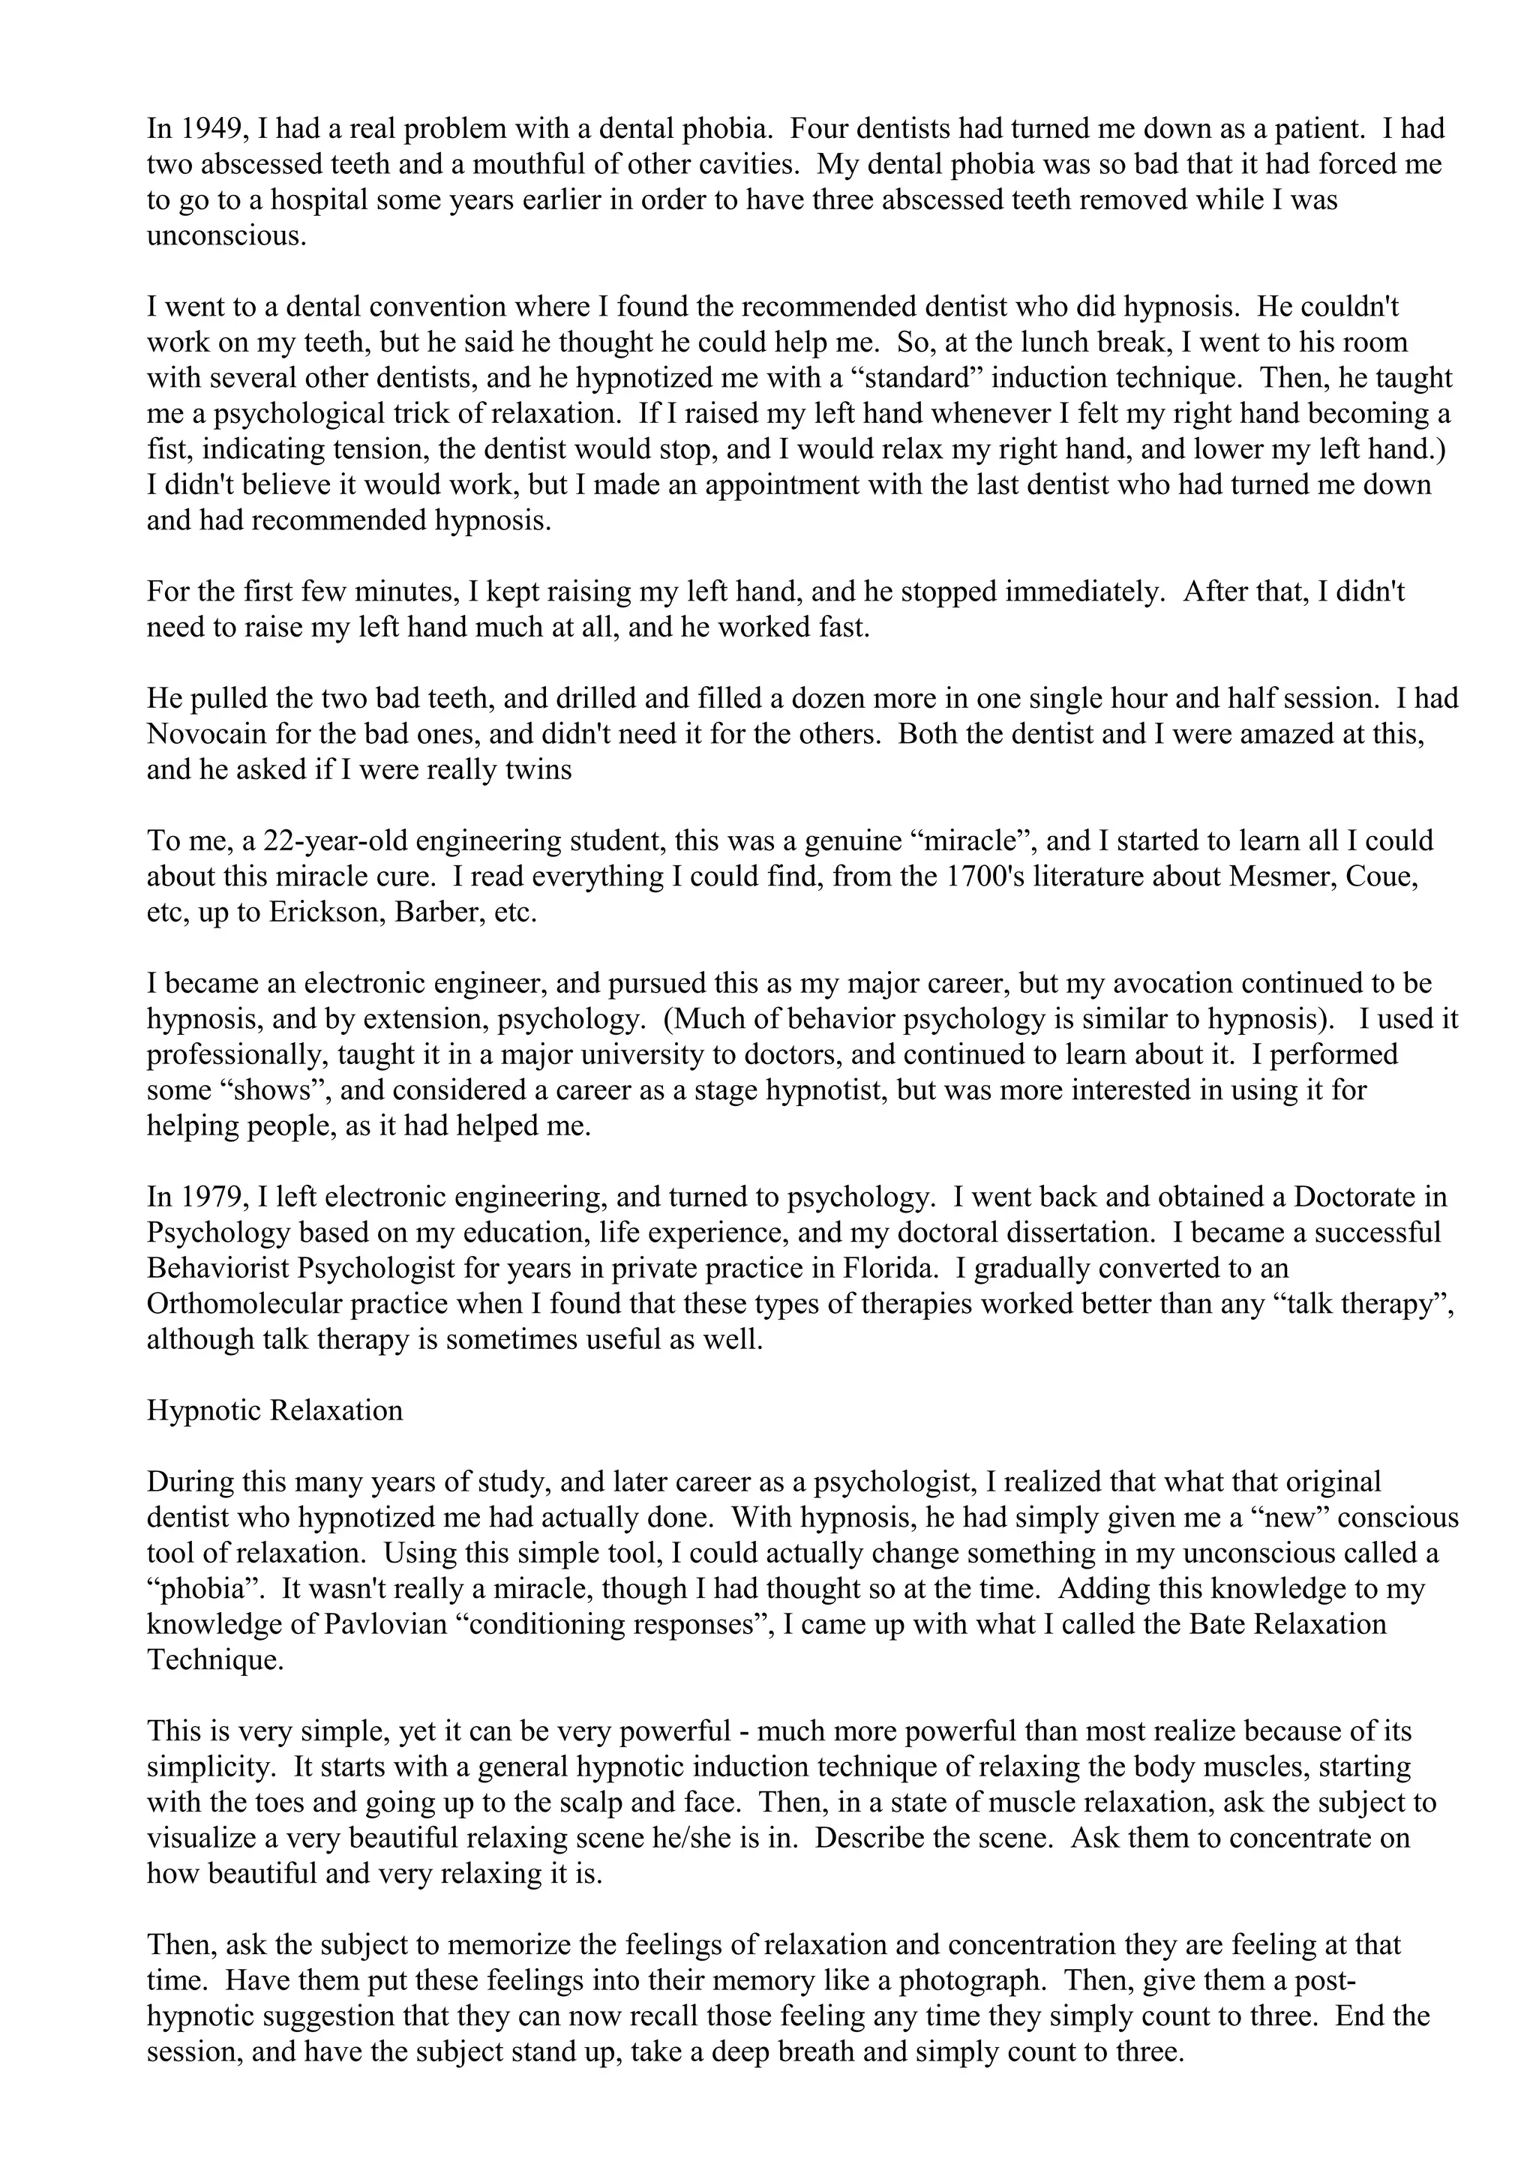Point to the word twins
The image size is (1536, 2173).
[538, 769]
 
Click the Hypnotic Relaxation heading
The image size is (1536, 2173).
[274, 1411]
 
